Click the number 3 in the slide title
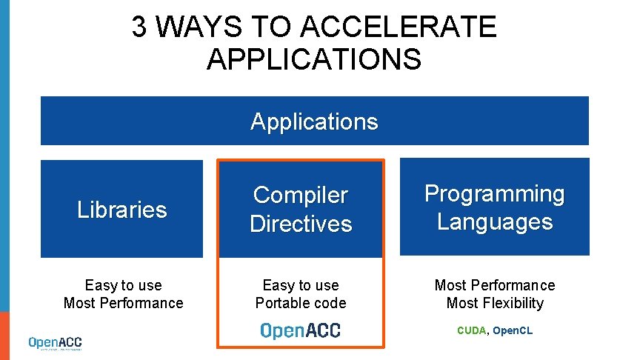(x=139, y=28)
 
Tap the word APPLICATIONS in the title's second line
(x=314, y=59)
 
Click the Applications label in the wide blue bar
(x=314, y=121)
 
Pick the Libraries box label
(x=122, y=210)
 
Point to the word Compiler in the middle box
(x=300, y=196)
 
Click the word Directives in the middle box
(x=301, y=224)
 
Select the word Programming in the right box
(x=494, y=194)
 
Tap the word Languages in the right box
(x=495, y=222)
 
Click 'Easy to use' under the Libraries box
(x=123, y=285)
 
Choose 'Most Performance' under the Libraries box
(x=123, y=303)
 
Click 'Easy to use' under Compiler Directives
(x=301, y=285)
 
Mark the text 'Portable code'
(x=301, y=303)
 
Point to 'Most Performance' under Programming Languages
(x=495, y=285)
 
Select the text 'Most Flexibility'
(x=495, y=303)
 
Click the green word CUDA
(x=471, y=330)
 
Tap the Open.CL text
(x=513, y=330)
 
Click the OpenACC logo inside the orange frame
(x=301, y=330)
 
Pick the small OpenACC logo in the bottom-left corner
(x=56, y=343)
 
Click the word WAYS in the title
(x=199, y=28)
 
